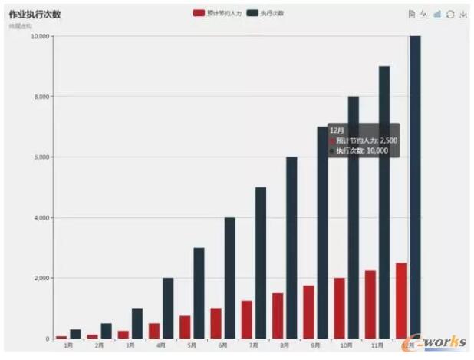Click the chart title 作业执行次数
tap(35, 15)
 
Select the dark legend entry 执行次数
tap(265, 13)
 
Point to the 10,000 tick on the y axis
tap(40, 36)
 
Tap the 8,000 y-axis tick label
tap(41, 97)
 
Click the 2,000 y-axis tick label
tap(41, 278)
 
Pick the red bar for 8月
tap(277, 315)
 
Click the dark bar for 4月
tap(168, 308)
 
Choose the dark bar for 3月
tap(137, 323)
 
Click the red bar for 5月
tap(185, 327)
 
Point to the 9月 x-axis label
tap(315, 345)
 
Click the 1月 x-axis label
tap(68, 345)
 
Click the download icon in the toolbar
tap(463, 14)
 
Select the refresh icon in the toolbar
tap(450, 14)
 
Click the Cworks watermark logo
tap(440, 342)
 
